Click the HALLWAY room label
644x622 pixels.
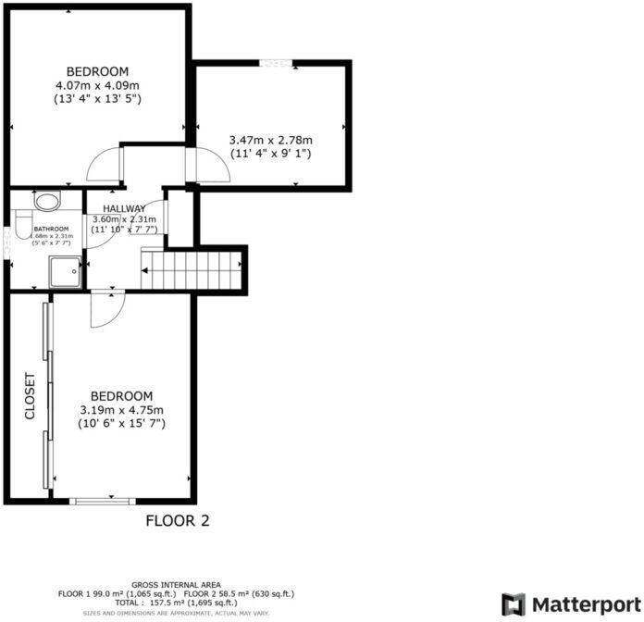click(x=124, y=208)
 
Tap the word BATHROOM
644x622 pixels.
click(x=51, y=229)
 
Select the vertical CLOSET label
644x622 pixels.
click(x=29, y=396)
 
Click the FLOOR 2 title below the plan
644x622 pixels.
click(x=178, y=521)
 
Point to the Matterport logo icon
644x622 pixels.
click(x=514, y=603)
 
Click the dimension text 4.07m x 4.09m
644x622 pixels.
click(x=98, y=85)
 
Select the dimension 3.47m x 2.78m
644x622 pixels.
click(x=270, y=141)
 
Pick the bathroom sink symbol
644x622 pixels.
click(x=46, y=201)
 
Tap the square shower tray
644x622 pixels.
click(x=66, y=272)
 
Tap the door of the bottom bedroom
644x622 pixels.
click(x=102, y=309)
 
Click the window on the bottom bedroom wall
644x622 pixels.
click(x=102, y=502)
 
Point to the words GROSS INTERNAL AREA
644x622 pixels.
click(x=176, y=585)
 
